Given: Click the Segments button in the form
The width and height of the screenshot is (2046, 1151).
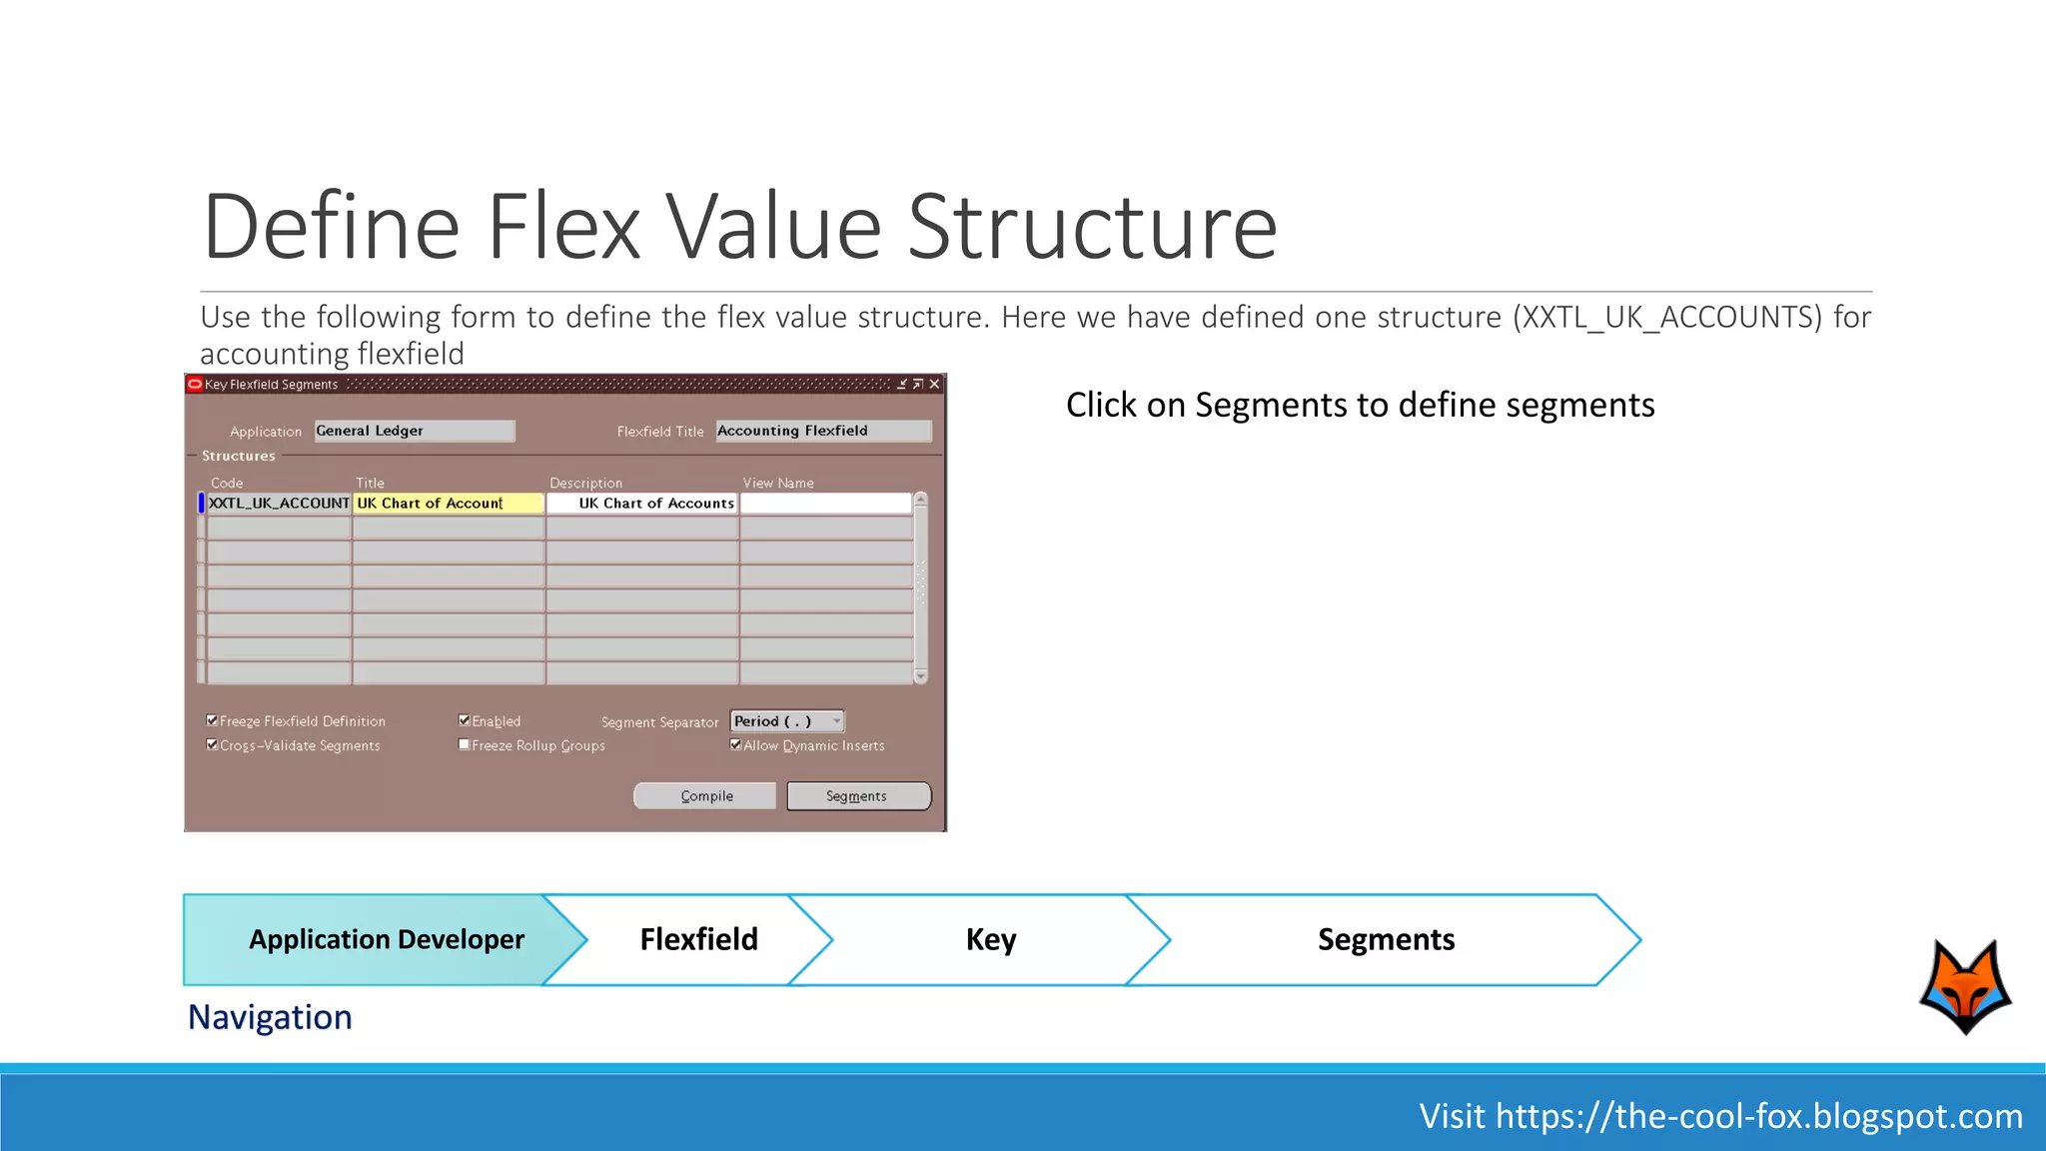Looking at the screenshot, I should click(x=858, y=796).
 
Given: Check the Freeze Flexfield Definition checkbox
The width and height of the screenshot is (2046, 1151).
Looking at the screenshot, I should click(x=212, y=720).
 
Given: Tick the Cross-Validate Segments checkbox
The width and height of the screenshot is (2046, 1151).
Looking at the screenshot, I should click(x=212, y=744).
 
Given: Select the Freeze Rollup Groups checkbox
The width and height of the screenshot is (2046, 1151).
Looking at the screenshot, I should click(x=465, y=744).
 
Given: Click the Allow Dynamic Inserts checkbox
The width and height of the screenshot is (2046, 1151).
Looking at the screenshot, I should click(x=736, y=744).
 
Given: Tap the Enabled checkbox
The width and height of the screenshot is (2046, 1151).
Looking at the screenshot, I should click(x=465, y=720).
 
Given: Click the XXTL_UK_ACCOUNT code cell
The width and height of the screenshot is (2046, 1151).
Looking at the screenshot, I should click(x=279, y=504).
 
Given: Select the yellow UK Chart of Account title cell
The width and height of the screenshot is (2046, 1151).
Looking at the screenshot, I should click(x=449, y=504).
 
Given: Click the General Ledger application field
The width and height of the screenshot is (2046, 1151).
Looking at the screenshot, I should click(x=414, y=431).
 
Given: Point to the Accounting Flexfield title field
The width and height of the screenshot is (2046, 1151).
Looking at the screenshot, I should click(x=822, y=431).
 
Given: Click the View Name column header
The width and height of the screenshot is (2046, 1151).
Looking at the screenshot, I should click(x=778, y=483).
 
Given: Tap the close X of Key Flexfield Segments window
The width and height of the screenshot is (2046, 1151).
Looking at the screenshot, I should click(x=934, y=385).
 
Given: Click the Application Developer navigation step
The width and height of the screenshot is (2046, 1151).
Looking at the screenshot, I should click(x=386, y=939).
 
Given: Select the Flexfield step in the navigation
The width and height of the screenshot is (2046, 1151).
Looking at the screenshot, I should click(x=698, y=939).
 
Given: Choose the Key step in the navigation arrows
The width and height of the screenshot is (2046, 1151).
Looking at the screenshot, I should click(x=990, y=939).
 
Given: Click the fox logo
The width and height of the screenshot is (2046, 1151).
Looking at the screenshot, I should click(x=1965, y=986).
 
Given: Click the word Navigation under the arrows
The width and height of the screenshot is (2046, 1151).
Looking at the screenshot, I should click(x=270, y=1017).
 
